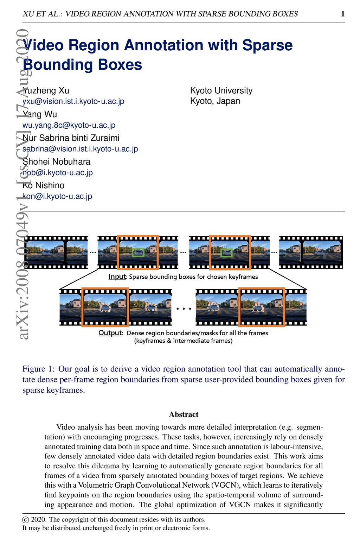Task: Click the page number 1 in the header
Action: tap(343, 14)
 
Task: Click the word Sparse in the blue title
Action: tap(267, 45)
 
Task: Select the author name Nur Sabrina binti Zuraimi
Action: tap(71, 138)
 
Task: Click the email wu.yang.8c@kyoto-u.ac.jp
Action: tap(69, 125)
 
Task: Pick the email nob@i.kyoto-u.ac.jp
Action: tap(58, 172)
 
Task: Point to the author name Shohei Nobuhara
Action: tap(56, 161)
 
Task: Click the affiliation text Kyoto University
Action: tap(221, 90)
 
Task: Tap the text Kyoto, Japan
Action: tap(215, 101)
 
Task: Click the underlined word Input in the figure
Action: tap(117, 277)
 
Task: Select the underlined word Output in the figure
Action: tap(110, 333)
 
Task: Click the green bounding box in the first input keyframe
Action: tap(138, 253)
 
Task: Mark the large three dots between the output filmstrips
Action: tap(184, 309)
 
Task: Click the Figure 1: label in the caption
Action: tap(39, 369)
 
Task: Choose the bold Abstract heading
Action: tap(184, 414)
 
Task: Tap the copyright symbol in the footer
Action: tap(25, 520)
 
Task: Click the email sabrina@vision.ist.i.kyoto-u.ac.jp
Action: tap(80, 149)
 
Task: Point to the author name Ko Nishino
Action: tap(44, 185)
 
